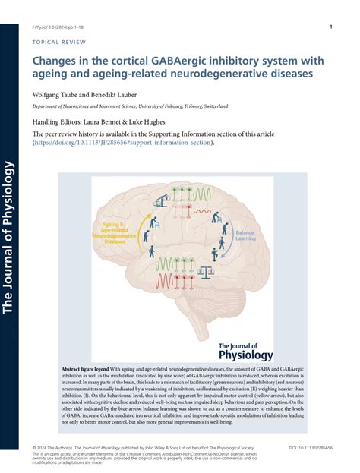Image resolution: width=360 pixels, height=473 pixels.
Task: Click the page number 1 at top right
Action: (332, 27)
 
